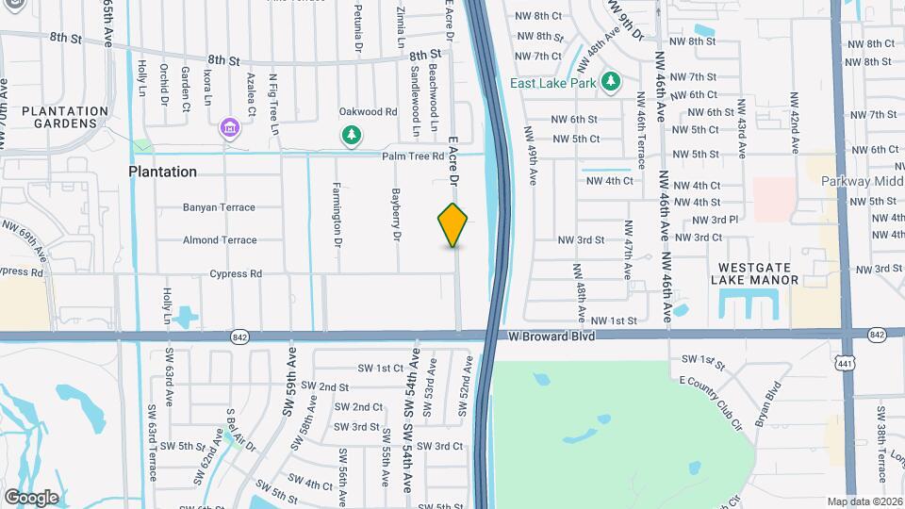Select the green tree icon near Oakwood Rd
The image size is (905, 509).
[x=352, y=136]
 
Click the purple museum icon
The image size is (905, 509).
[x=227, y=126]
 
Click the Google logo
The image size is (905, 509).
[x=31, y=497]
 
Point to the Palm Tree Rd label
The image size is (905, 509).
[x=412, y=156]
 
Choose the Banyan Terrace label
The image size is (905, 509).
[x=219, y=207]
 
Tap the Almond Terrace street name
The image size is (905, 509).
[x=219, y=240]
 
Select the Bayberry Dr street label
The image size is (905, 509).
[x=396, y=215]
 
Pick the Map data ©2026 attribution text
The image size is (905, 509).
[x=864, y=501]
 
